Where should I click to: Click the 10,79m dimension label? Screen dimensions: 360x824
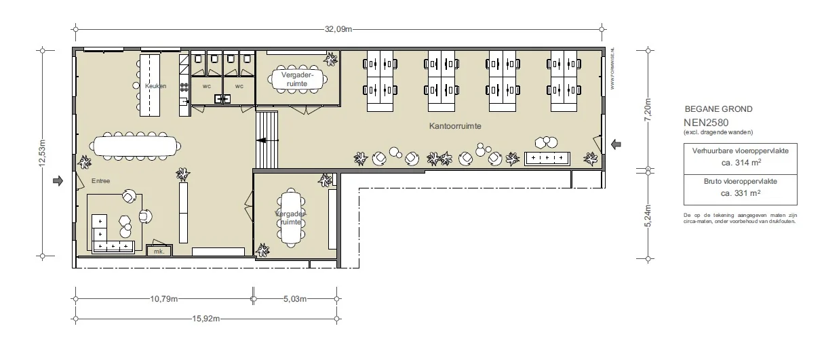[x=164, y=298]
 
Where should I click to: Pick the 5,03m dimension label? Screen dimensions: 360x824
[x=294, y=298]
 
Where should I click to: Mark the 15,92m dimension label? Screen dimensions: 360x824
[x=205, y=318]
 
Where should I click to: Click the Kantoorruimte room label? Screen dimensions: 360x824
[x=455, y=127]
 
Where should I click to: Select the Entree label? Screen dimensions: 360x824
[x=101, y=180]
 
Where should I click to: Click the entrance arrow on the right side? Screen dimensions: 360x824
[x=616, y=144]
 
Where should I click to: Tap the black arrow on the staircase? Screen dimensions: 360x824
[x=262, y=141]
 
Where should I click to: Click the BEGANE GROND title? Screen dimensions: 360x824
[x=718, y=109]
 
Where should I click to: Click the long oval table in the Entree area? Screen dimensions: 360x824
[x=137, y=146]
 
